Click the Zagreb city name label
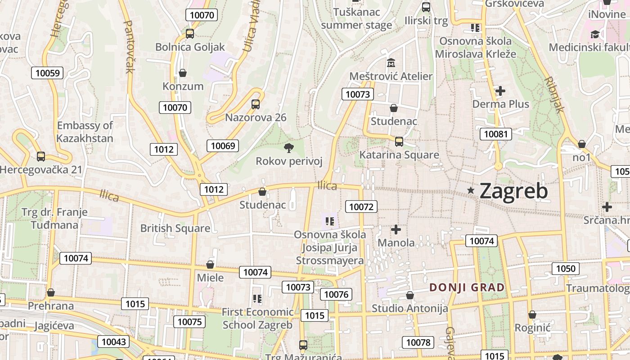tap(513, 191)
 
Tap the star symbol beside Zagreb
tap(471, 190)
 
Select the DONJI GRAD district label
tap(467, 287)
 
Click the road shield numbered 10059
tap(47, 73)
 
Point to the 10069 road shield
tap(223, 145)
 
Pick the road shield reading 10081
tap(495, 134)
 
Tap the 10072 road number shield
tap(361, 207)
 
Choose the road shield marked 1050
tap(565, 269)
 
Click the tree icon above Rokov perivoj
tap(288, 147)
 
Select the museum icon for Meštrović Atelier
tap(391, 63)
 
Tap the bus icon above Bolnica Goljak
tap(190, 33)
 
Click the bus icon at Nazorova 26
tap(256, 104)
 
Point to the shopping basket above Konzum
tap(183, 73)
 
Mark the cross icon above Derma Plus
tap(500, 91)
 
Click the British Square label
tap(175, 228)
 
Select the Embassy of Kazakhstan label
tap(85, 131)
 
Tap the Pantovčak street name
tap(129, 47)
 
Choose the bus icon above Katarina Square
tap(399, 142)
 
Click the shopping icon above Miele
tap(210, 264)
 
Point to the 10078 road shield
tap(418, 342)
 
